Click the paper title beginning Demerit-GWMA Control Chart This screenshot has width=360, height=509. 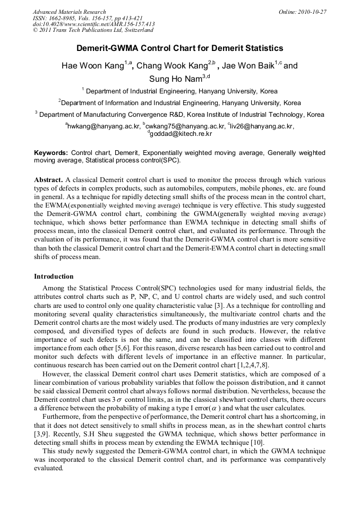point(180,48)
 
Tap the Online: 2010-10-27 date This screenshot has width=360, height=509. point(302,12)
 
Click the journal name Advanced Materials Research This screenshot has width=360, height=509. point(69,12)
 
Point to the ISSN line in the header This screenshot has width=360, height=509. point(88,18)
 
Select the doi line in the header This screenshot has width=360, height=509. point(93,24)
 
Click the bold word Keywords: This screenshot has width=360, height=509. point(51,153)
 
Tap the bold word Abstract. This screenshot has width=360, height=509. point(49,180)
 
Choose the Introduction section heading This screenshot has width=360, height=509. point(54,277)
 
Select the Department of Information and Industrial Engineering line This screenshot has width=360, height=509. point(180,102)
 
